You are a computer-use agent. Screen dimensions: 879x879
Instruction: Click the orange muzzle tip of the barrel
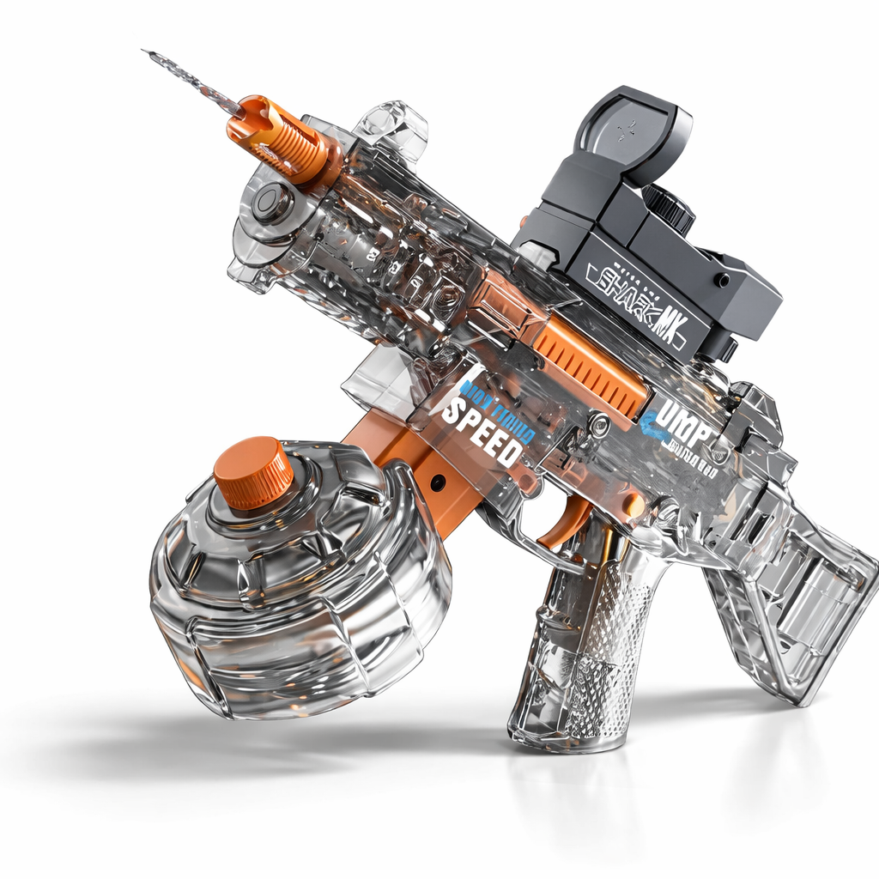pos(273,137)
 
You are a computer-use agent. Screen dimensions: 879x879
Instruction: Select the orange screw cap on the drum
pos(253,472)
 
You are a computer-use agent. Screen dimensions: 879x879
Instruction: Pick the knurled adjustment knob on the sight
pos(670,206)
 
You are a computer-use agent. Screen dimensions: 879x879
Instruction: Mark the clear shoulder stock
pos(790,592)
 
